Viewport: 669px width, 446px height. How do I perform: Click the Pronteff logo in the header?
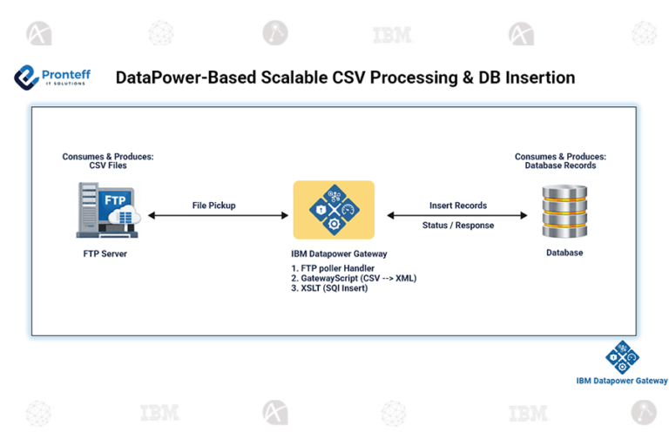[x=52, y=78]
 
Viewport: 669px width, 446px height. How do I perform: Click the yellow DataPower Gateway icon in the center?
[x=334, y=210]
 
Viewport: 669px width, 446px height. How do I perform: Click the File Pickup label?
[x=214, y=206]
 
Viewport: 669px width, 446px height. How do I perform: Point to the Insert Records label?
[x=458, y=206]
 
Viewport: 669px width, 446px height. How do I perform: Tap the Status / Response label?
[x=458, y=225]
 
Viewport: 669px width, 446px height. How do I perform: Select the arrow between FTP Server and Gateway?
[x=217, y=215]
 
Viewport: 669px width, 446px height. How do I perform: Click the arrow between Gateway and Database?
[x=457, y=215]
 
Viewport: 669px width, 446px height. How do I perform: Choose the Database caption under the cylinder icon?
[x=564, y=253]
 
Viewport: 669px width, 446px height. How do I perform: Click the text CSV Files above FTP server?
[x=108, y=166]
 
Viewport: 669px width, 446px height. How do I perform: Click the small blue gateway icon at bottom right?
[x=622, y=357]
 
